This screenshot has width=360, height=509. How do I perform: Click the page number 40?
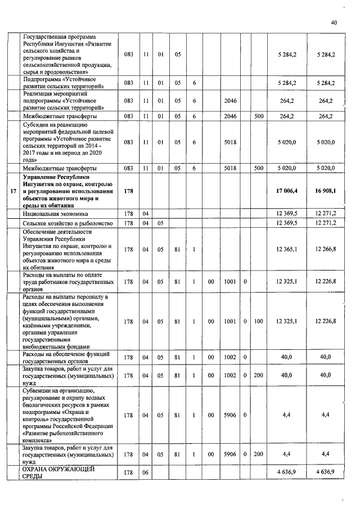coord(334,22)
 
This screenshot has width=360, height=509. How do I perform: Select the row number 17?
coord(13,192)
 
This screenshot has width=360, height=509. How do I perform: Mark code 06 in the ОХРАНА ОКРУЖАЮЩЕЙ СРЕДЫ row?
coord(145,472)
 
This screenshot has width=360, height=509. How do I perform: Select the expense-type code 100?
coord(258,321)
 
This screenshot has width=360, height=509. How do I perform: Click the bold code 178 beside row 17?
coord(128,192)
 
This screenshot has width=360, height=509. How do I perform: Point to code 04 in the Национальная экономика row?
coord(145,214)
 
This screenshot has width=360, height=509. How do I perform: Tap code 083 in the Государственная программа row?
coord(128,54)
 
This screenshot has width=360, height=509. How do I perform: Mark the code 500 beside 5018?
coord(258,168)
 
